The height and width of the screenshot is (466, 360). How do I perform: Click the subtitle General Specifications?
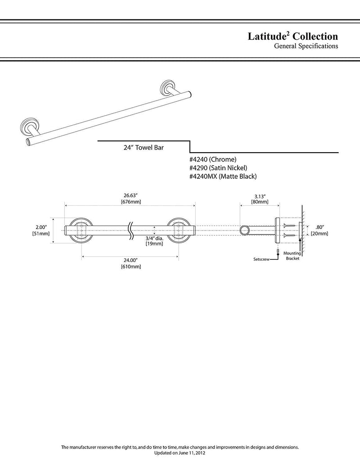(x=306, y=46)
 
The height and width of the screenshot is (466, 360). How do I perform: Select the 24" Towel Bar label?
(x=144, y=147)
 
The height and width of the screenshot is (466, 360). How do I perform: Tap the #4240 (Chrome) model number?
(x=213, y=159)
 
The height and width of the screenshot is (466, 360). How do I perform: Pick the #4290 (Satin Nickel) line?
(x=218, y=168)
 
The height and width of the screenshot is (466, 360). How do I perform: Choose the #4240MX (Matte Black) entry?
(x=223, y=176)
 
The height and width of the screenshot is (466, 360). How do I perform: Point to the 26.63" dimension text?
(x=130, y=195)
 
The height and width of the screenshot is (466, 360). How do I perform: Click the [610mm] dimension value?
(x=130, y=267)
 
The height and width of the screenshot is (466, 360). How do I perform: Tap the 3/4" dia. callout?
(x=154, y=238)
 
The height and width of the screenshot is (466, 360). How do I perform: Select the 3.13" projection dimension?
(x=260, y=196)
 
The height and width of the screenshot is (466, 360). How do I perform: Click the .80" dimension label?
(x=319, y=228)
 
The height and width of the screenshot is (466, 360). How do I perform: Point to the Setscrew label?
(x=261, y=259)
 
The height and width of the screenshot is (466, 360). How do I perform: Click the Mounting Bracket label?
(x=292, y=256)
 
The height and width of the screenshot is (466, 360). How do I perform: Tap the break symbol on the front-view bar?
(x=130, y=231)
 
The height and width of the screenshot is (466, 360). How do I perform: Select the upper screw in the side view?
(x=290, y=226)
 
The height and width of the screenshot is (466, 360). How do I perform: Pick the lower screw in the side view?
(x=290, y=235)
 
